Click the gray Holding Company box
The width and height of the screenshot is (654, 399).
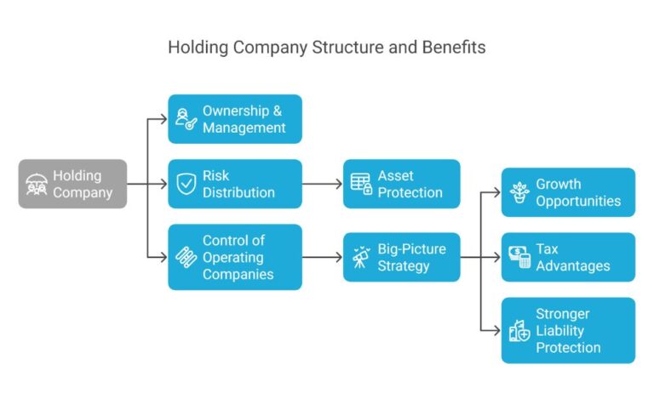tap(72, 184)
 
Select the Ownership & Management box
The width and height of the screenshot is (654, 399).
tap(234, 119)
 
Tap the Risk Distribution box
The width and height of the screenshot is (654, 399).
tap(234, 184)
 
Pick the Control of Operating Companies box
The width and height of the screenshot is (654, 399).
tap(234, 257)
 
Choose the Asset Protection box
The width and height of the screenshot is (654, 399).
tap(401, 184)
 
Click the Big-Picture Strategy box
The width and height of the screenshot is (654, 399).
tap(401, 257)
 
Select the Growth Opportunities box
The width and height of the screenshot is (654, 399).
tap(568, 192)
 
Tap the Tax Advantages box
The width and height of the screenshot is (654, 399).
tap(568, 257)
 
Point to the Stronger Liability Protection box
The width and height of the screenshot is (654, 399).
tap(568, 330)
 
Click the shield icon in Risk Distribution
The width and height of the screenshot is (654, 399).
tap(186, 184)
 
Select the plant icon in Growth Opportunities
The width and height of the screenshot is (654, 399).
tap(519, 192)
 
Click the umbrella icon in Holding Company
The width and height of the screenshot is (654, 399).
tap(37, 184)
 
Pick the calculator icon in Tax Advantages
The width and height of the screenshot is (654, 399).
tap(519, 257)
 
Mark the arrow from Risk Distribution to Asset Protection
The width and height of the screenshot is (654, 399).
tap(322, 184)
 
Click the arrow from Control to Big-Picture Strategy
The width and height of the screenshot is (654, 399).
tap(322, 257)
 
